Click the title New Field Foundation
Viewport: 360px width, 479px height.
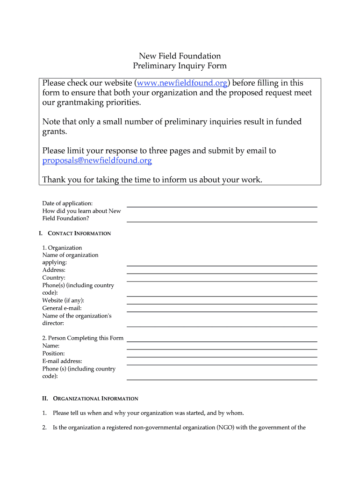coord(180,56)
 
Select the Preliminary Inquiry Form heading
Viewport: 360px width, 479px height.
coord(180,66)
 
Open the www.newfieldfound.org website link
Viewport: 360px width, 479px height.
coord(181,83)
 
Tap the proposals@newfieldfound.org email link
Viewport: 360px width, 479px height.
coord(97,161)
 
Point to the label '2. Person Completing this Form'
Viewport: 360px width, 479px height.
coord(83,338)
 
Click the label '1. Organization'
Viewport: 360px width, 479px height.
coord(62,248)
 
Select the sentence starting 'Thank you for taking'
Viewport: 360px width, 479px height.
coord(152,180)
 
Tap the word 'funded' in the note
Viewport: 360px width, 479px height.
coord(288,122)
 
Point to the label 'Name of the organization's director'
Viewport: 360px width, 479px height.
coord(77,319)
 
